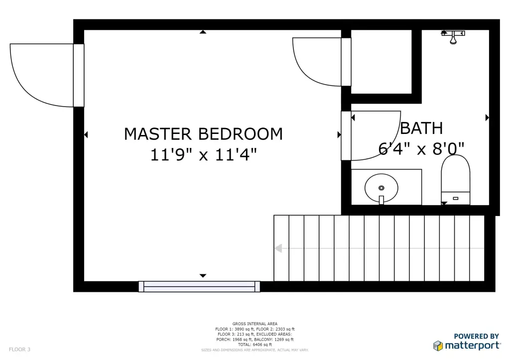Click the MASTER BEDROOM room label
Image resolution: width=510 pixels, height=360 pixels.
tap(203, 134)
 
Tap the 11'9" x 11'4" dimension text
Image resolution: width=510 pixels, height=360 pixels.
tap(203, 155)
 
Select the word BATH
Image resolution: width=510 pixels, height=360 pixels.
tap(421, 128)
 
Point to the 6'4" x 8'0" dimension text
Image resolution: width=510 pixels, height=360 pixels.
tap(421, 149)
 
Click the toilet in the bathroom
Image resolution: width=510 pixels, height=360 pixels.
tap(455, 180)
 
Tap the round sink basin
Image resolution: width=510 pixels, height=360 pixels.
tap(381, 188)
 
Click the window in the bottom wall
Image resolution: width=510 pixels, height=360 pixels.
tap(199, 286)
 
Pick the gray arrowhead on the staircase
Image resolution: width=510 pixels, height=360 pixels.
tap(278, 248)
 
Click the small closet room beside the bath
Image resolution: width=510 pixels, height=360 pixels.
tap(381, 61)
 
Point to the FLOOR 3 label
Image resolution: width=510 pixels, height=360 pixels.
tap(19, 350)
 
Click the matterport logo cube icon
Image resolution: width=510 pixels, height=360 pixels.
tap(438, 346)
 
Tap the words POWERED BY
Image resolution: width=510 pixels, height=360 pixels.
tap(476, 336)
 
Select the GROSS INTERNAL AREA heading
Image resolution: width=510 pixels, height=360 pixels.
tap(255, 324)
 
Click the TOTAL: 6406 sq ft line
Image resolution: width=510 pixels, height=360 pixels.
tap(255, 345)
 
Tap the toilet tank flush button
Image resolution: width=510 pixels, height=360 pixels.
tap(455, 198)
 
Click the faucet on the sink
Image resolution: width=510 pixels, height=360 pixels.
tap(381, 200)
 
